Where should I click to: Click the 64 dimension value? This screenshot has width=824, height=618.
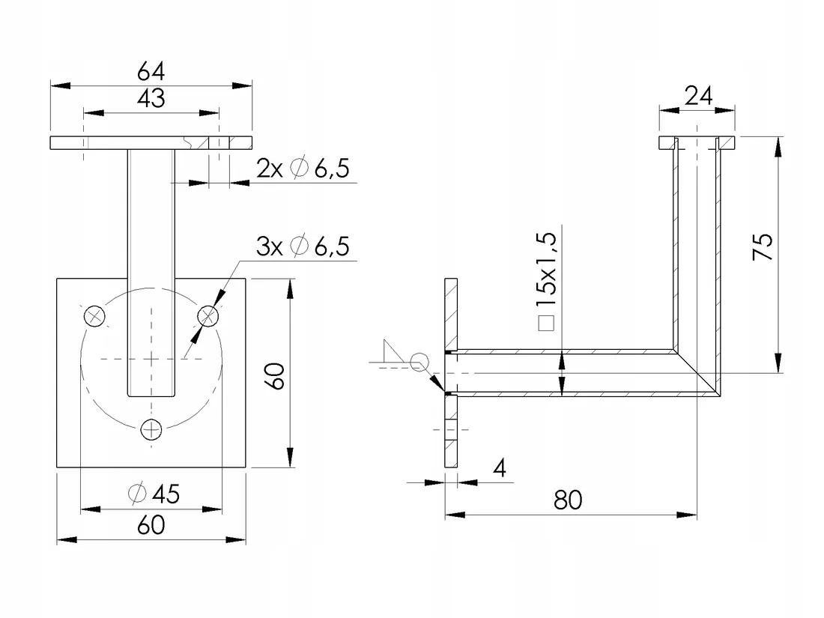point(151,71)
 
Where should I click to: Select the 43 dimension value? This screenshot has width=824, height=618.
point(151,98)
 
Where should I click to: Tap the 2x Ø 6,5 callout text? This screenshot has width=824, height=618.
point(303,169)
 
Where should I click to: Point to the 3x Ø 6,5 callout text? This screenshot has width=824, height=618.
point(303,246)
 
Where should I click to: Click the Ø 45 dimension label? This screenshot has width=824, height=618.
point(154,494)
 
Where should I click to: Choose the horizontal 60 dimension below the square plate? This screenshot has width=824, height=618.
point(151,525)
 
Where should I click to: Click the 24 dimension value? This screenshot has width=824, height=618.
point(697,95)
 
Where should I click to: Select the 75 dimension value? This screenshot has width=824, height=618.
point(762,246)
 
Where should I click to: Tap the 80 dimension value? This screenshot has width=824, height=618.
point(569,500)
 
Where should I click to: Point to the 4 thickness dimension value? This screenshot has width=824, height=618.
point(500,469)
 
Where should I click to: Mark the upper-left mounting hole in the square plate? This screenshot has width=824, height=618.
point(94,316)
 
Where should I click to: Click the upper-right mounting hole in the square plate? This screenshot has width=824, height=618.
point(207,316)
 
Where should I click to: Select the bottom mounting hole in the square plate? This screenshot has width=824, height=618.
point(151,429)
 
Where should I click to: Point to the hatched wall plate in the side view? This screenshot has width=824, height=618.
point(451,315)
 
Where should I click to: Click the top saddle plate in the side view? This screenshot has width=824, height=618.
point(697,142)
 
